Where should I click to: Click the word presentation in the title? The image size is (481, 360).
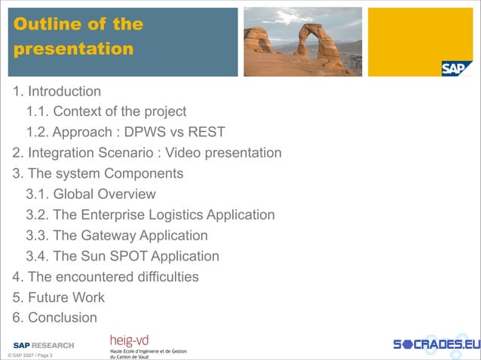pyautogui.click(x=73, y=49)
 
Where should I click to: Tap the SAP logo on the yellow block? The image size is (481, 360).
pyautogui.click(x=456, y=69)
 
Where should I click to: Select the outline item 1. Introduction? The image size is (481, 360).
pyautogui.click(x=57, y=92)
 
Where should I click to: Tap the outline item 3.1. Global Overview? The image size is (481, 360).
pyautogui.click(x=90, y=194)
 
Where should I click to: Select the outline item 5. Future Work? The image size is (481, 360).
pyautogui.click(x=59, y=297)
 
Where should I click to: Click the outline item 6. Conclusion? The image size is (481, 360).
pyautogui.click(x=55, y=317)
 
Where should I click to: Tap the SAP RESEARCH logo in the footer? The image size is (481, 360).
pyautogui.click(x=44, y=345)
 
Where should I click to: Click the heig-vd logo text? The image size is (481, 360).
pyautogui.click(x=129, y=340)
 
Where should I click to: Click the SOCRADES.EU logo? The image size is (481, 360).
pyautogui.click(x=436, y=345)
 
